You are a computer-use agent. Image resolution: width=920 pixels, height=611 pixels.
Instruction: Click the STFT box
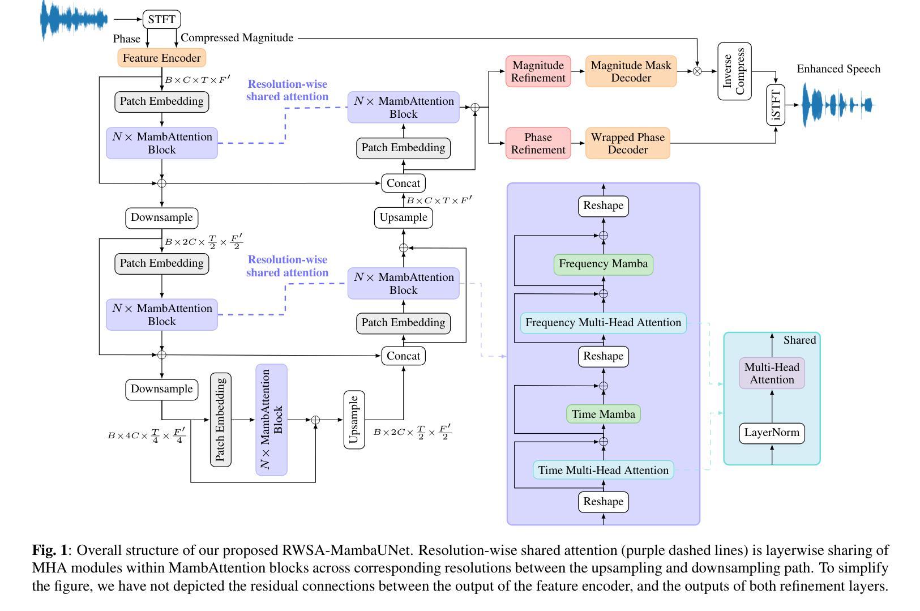tap(161, 19)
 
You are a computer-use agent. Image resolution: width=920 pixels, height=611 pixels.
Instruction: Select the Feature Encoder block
tap(161, 58)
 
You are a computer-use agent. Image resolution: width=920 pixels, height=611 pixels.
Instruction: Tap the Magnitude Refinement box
tap(538, 71)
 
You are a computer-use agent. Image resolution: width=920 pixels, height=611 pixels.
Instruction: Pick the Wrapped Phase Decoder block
tap(627, 143)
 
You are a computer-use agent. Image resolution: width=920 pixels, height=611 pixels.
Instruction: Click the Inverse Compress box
tap(734, 71)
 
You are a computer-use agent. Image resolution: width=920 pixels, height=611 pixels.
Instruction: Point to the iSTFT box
tap(776, 105)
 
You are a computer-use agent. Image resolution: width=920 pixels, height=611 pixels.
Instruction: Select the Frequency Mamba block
tap(603, 264)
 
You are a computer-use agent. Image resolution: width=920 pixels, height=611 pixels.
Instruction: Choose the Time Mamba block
tap(603, 414)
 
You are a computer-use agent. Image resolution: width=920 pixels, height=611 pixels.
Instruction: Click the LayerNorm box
tap(772, 433)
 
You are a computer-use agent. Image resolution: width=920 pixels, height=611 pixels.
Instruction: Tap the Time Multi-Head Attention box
tap(603, 470)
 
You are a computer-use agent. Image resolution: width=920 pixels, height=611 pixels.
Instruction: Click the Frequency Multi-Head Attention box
tap(603, 323)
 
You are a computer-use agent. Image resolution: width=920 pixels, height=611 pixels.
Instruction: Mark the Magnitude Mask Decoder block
tap(631, 71)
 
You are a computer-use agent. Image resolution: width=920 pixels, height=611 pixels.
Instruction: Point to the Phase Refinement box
tap(538, 143)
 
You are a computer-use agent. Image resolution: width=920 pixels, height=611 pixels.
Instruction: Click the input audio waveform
tap(74, 20)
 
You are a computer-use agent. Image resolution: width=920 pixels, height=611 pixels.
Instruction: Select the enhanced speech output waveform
tap(838, 105)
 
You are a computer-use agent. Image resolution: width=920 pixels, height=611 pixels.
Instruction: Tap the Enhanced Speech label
tap(838, 69)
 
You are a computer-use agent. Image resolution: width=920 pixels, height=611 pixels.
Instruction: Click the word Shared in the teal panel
tap(799, 340)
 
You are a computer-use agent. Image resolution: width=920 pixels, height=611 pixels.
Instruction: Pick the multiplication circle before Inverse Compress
tap(697, 71)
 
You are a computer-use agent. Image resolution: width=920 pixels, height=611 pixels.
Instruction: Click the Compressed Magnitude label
tap(237, 38)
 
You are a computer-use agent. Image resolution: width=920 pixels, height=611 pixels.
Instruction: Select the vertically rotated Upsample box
tap(354, 420)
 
